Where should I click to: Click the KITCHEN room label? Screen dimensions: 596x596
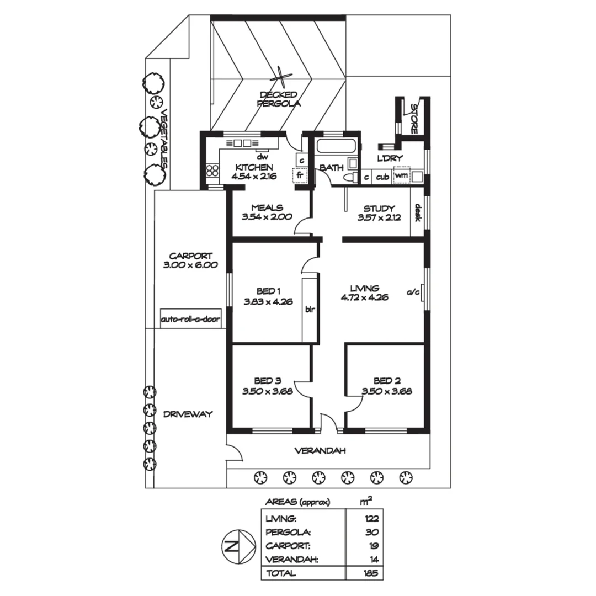254,167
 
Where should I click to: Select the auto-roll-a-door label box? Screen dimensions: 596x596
190,320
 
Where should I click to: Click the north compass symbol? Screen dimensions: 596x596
237,547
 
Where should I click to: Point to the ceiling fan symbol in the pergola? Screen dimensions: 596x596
282,78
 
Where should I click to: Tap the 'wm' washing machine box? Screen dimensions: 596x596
401,177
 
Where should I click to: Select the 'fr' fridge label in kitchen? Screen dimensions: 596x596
300,175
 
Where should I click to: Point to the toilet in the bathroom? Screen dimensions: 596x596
348,177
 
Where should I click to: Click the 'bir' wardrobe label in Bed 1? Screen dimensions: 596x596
310,310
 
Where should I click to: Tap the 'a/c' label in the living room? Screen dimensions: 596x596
413,292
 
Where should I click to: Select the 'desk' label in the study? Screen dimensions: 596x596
418,212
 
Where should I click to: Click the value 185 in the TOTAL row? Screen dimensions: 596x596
371,573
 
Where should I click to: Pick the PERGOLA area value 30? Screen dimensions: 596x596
371,533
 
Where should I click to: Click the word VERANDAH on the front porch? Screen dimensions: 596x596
320,451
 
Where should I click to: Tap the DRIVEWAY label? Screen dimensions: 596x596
188,414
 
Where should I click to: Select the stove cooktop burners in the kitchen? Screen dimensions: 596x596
212,171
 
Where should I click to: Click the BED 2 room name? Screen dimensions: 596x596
387,381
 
